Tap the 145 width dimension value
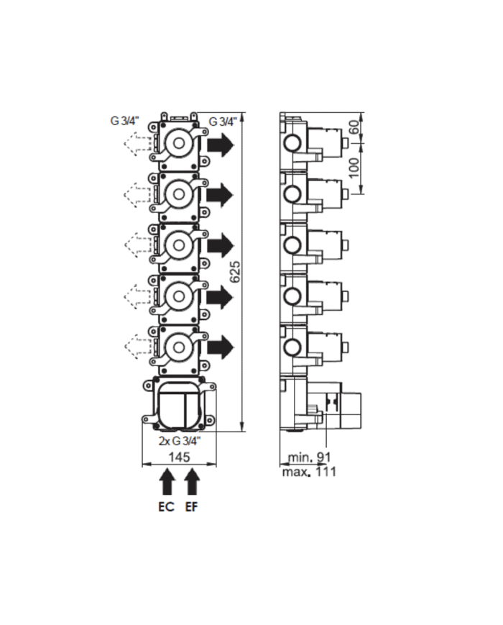point(179,457)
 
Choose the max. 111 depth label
point(309,472)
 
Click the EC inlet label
point(166,506)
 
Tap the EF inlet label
point(192,506)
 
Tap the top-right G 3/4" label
point(222,121)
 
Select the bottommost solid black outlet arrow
point(221,346)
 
